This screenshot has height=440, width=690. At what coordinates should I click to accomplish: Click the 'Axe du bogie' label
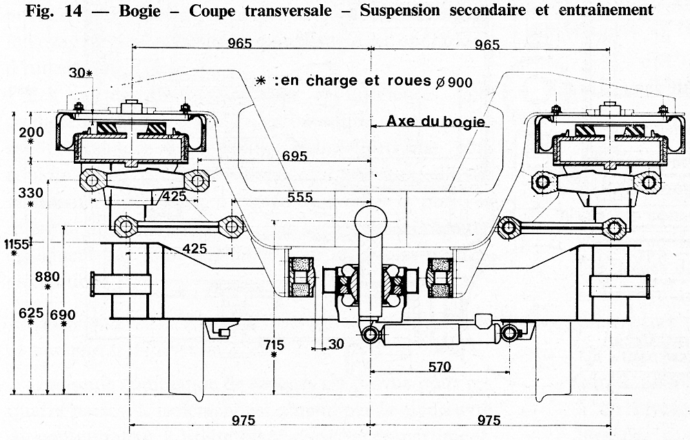437,121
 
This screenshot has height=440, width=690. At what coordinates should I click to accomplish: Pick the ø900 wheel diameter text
454,82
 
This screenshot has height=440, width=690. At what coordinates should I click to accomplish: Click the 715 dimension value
274,343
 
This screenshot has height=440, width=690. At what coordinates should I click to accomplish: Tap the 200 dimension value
32,132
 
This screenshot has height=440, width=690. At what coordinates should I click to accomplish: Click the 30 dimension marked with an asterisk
79,73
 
